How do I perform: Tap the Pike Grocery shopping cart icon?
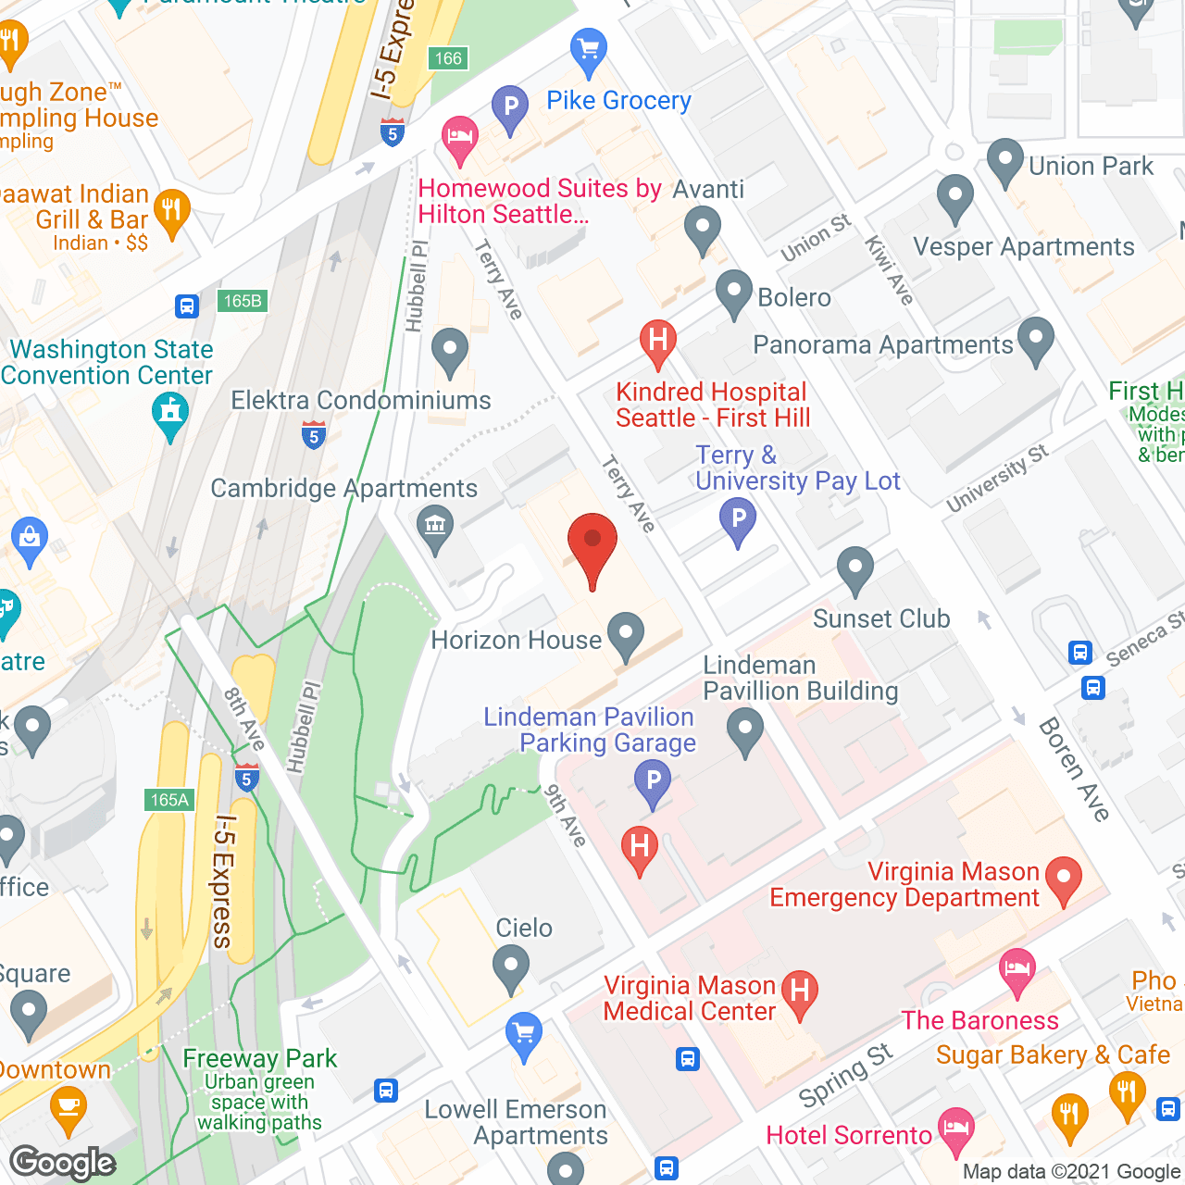click(588, 50)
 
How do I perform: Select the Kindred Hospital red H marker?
click(657, 340)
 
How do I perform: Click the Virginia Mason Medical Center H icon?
click(799, 992)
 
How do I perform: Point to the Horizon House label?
click(516, 640)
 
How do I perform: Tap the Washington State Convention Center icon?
click(170, 413)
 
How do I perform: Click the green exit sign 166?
click(448, 58)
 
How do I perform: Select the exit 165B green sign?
click(243, 301)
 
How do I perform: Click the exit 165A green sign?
click(169, 800)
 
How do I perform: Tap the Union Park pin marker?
click(1004, 161)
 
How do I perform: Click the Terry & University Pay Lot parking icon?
click(738, 520)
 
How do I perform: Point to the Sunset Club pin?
click(854, 569)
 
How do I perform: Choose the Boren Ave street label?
click(1073, 769)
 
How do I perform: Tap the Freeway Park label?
click(260, 1058)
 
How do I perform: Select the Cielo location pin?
click(510, 968)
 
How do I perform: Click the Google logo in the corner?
click(62, 1163)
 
